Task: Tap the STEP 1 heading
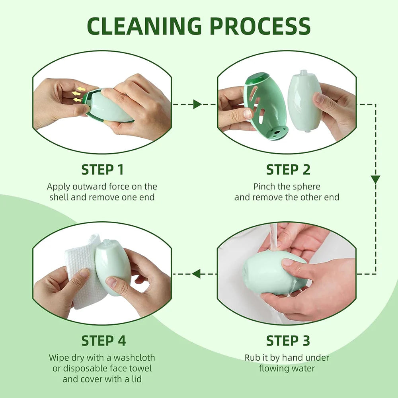tap(102, 170)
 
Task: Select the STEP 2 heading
tap(288, 170)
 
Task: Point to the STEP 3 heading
tap(288, 341)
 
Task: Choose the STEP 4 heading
tap(103, 341)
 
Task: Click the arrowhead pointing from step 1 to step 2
tap(197, 104)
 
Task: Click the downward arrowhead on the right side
tap(375, 179)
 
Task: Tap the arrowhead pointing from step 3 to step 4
tap(196, 273)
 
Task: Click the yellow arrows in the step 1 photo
tap(78, 94)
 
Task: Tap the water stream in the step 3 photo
tap(274, 237)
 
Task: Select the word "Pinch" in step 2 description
tap(264, 187)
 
